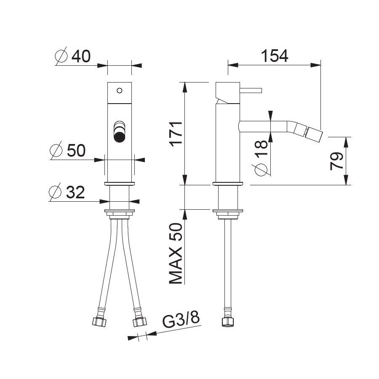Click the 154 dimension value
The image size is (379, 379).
[275, 56]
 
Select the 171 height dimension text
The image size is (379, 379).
[176, 133]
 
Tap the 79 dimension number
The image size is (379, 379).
[336, 161]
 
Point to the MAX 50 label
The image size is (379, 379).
[176, 254]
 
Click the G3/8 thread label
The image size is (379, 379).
[181, 320]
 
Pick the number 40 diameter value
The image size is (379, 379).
[81, 56]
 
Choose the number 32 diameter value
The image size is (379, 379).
[75, 192]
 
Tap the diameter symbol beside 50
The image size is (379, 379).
[56, 150]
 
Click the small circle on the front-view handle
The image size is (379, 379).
[120, 91]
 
